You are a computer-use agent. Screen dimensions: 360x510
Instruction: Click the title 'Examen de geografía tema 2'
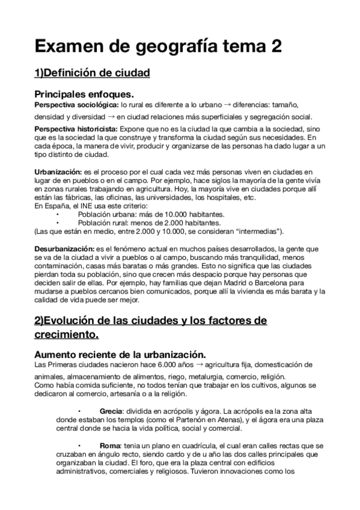coord(157,46)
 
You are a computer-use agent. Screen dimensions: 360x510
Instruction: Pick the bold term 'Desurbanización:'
coord(63,248)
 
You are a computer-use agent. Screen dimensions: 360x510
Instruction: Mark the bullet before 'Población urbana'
coord(58,214)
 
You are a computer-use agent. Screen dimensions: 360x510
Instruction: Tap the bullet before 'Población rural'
coord(58,223)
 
